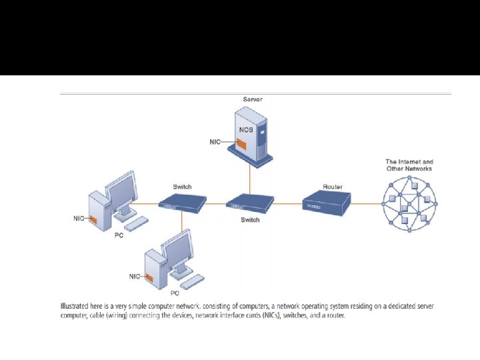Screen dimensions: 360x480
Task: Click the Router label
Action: click(x=333, y=187)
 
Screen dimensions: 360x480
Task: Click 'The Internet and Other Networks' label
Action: click(x=409, y=165)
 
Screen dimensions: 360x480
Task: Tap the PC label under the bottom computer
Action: click(x=175, y=293)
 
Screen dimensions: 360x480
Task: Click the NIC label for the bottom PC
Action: click(x=135, y=275)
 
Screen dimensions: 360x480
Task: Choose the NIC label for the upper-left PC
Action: click(x=79, y=218)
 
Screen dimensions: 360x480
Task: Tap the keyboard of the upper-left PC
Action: click(x=137, y=223)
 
